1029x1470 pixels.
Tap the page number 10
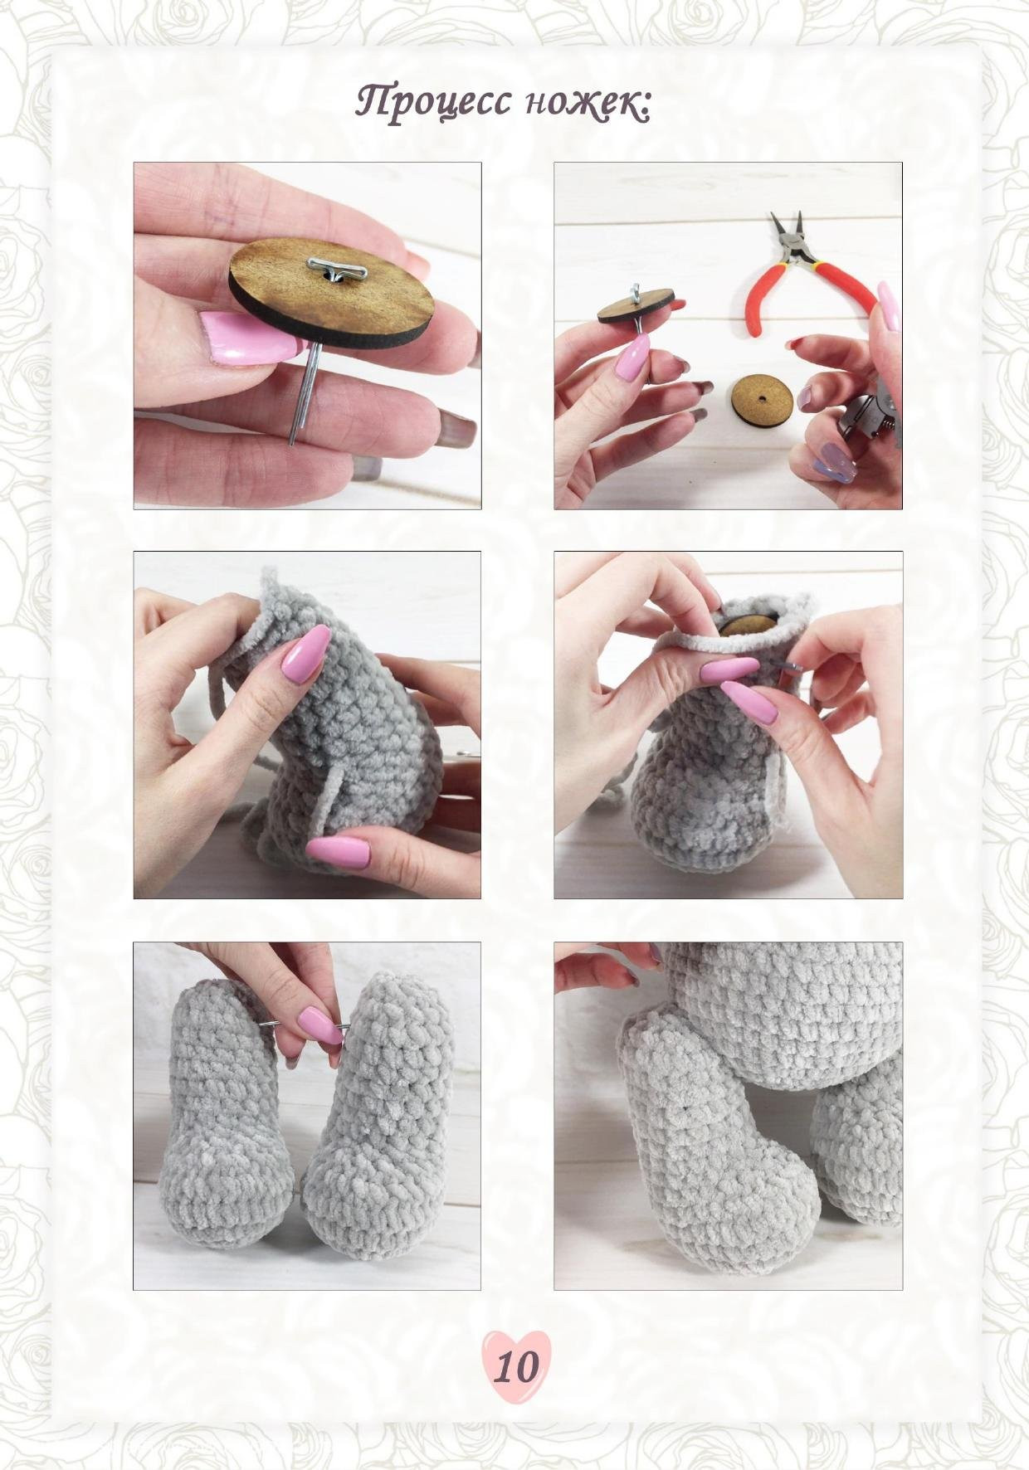tap(515, 1366)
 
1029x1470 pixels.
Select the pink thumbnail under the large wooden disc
tap(246, 338)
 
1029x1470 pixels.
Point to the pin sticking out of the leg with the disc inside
tap(792, 661)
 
